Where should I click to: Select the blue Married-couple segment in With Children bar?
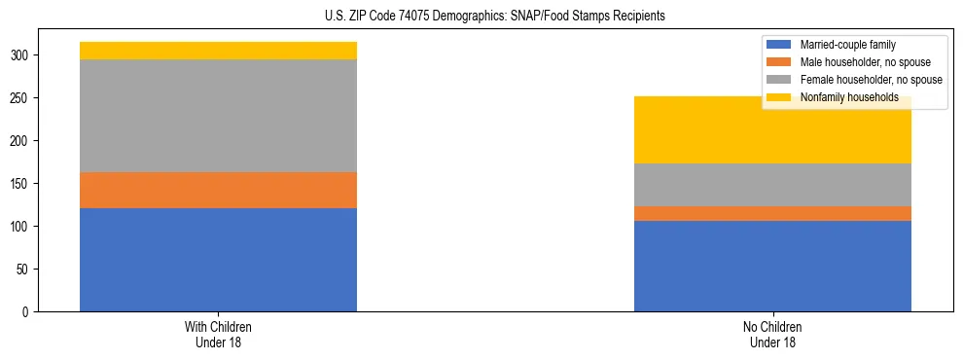point(218,260)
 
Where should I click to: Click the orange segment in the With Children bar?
point(218,190)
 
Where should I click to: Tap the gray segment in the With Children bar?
point(218,116)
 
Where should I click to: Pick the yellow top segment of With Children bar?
point(218,51)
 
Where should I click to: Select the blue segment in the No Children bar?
point(772,266)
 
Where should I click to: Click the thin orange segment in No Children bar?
point(772,213)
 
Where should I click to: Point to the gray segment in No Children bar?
point(772,185)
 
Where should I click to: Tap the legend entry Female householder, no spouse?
point(871,80)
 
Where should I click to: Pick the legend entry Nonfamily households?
point(849,97)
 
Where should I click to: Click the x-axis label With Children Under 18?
point(218,334)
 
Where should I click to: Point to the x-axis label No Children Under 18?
point(772,334)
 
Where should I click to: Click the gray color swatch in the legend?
point(779,80)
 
